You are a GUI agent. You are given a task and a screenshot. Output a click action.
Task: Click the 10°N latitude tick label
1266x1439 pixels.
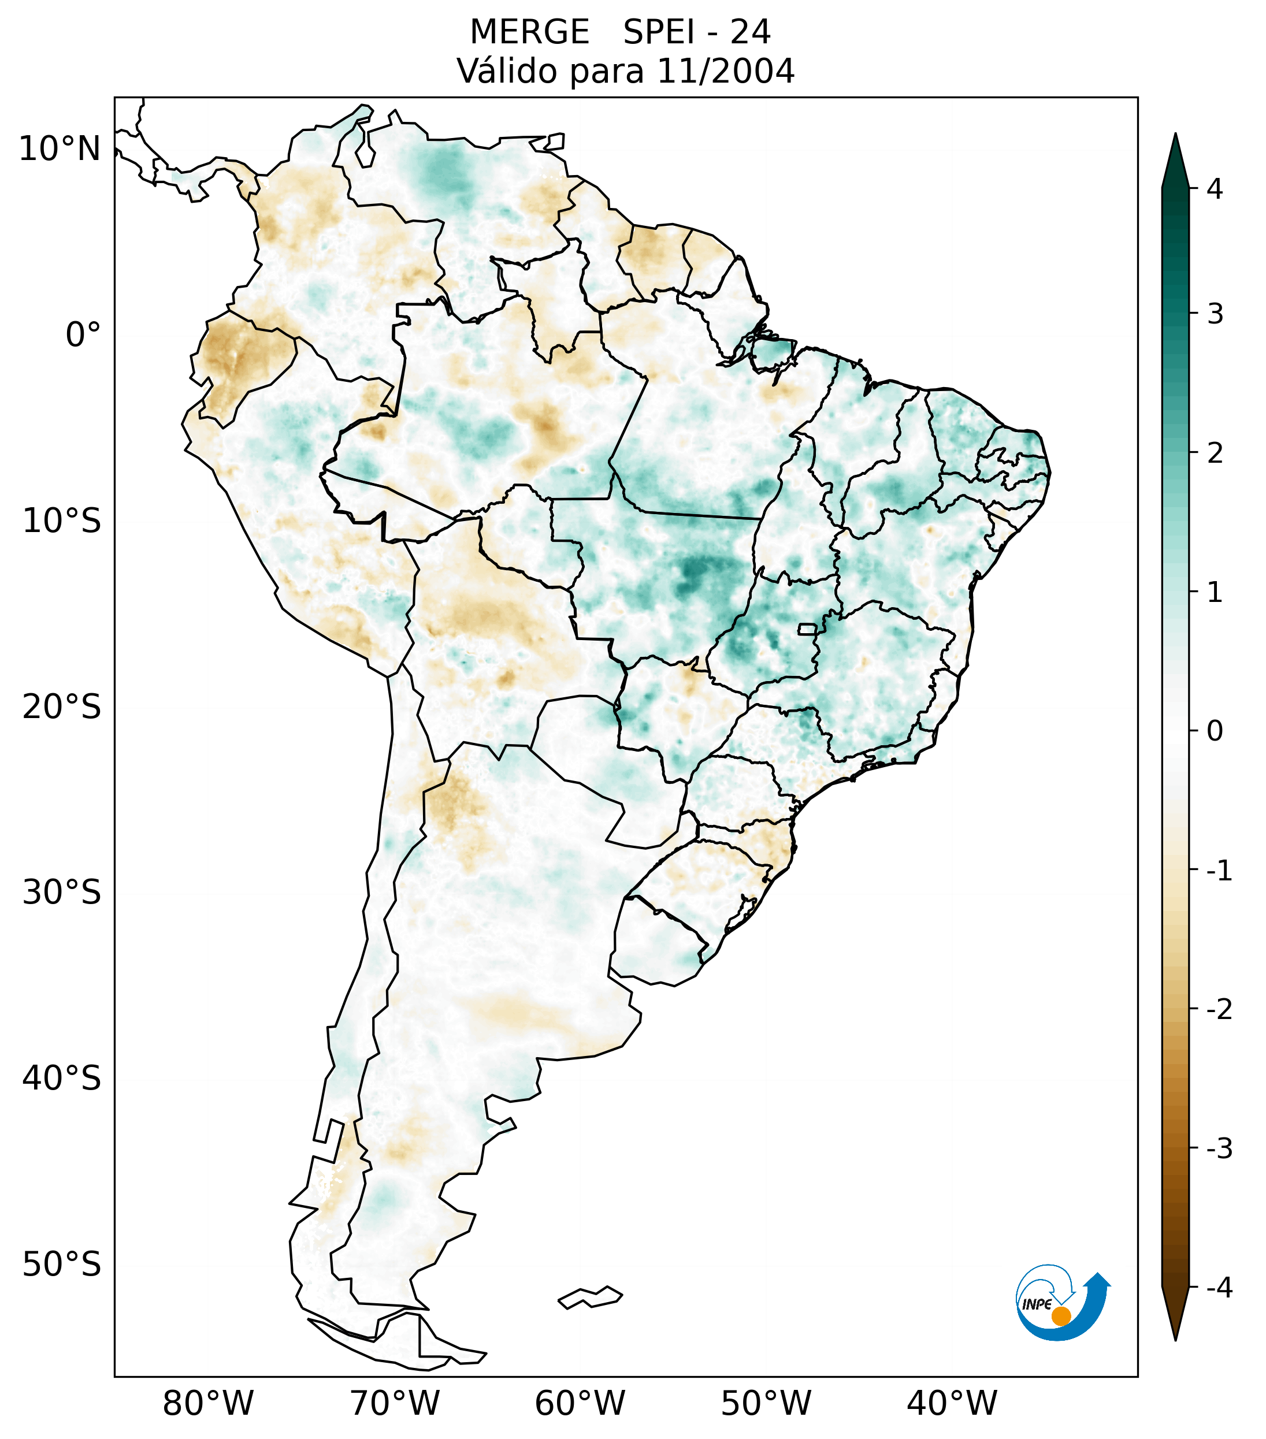(x=60, y=149)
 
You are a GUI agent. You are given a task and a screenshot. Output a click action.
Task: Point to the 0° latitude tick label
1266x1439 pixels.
(x=83, y=335)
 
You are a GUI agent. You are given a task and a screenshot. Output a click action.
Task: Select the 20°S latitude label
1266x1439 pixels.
(x=62, y=707)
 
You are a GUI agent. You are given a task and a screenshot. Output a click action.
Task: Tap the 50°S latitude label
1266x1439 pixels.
(x=62, y=1265)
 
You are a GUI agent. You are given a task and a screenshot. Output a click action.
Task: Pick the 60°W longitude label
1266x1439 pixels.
(x=580, y=1403)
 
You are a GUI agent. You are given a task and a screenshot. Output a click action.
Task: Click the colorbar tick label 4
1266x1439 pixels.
(x=1215, y=189)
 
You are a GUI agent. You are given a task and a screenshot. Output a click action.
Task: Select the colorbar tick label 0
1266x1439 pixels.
(x=1215, y=731)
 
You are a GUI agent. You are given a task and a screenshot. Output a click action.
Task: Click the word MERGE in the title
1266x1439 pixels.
(x=529, y=32)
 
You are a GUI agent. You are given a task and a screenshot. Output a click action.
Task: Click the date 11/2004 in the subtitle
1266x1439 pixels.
(x=725, y=71)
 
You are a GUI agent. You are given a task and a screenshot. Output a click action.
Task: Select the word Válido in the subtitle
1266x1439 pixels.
(x=507, y=71)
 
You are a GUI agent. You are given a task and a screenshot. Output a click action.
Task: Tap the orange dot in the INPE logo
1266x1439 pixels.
(x=1060, y=1316)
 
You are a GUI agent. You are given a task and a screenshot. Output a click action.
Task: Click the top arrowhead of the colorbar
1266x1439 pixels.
(x=1175, y=158)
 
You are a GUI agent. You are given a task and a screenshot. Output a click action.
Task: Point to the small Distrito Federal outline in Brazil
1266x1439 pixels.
(x=808, y=629)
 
